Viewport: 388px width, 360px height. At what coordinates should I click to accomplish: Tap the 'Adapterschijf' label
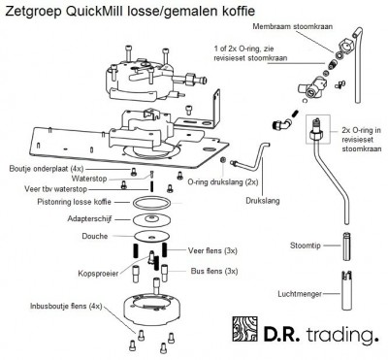click(x=86, y=219)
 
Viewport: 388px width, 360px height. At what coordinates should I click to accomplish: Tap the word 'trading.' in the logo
click(x=340, y=337)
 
